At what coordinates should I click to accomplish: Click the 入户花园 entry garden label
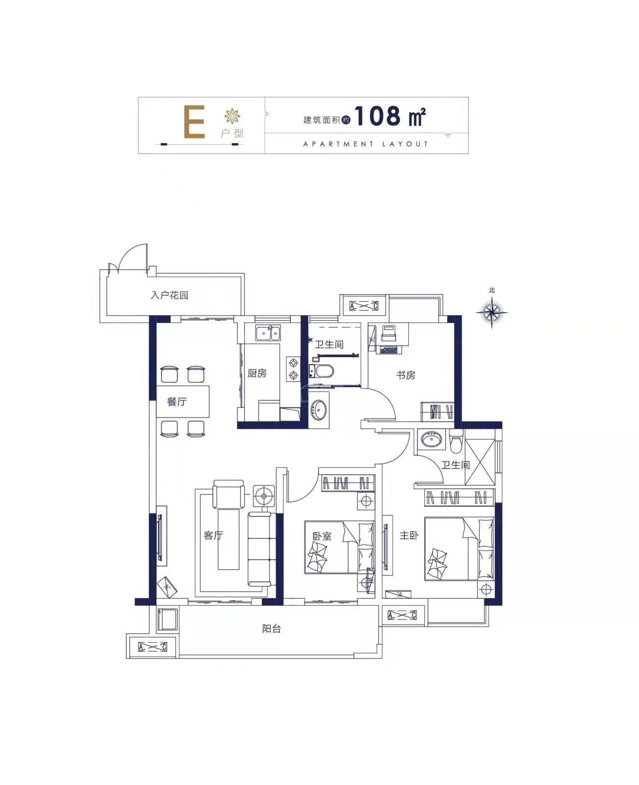point(169,295)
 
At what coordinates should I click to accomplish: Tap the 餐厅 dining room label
point(177,401)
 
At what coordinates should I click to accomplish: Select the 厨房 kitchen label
point(257,374)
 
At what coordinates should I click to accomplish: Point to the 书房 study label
point(405,375)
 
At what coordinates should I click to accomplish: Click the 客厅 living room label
point(214,535)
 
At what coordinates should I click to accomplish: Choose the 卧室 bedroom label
point(322,536)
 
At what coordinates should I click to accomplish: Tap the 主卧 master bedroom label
point(409,535)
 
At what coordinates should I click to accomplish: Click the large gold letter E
point(194,122)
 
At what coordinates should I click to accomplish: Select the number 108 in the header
point(378,116)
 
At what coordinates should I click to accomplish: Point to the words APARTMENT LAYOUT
point(366,144)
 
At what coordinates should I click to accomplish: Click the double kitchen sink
point(268,333)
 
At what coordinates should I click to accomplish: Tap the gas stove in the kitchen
point(293,370)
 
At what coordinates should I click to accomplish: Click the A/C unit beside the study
point(363,306)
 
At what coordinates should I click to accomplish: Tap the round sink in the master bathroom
point(432,439)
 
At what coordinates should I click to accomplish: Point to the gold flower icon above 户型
point(232,116)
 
